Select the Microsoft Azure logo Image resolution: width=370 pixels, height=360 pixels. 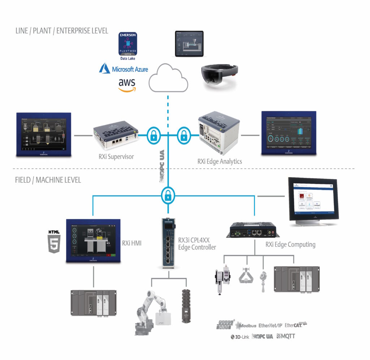coord(124,69)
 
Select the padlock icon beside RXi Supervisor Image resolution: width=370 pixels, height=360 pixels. coord(154,136)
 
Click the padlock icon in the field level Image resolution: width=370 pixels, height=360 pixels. coord(167,196)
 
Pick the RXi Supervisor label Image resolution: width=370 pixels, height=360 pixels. coord(112,157)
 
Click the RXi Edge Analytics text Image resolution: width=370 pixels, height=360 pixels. coord(220,161)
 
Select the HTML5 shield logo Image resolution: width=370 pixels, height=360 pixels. coord(54,241)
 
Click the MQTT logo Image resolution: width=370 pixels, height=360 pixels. coord(286,336)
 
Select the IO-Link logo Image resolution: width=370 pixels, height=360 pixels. coord(240,337)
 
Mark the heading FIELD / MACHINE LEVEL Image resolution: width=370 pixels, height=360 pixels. coord(48,180)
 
